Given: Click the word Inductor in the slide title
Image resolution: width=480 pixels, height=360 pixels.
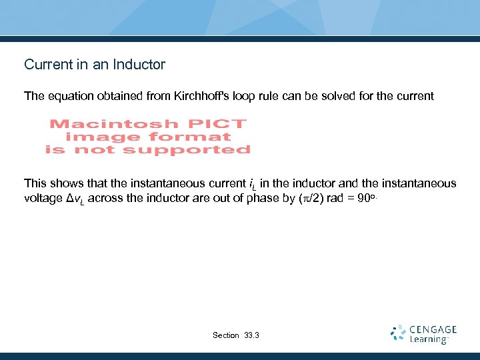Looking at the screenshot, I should (139, 65).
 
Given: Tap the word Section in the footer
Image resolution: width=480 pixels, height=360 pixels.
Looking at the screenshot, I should (225, 335).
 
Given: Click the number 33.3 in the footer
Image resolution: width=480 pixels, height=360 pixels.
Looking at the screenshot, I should (252, 335).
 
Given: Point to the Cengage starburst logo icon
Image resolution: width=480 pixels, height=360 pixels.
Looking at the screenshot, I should (398, 333).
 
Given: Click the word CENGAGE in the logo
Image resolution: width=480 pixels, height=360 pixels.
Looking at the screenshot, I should (433, 329).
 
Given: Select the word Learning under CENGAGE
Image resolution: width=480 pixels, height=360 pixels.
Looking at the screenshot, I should (429, 339).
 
